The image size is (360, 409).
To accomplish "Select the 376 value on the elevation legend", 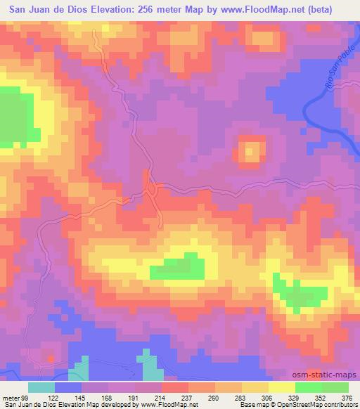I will click(346, 397).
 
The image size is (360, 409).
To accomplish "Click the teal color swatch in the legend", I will click(41, 387).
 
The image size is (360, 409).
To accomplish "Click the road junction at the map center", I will click(150, 188).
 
